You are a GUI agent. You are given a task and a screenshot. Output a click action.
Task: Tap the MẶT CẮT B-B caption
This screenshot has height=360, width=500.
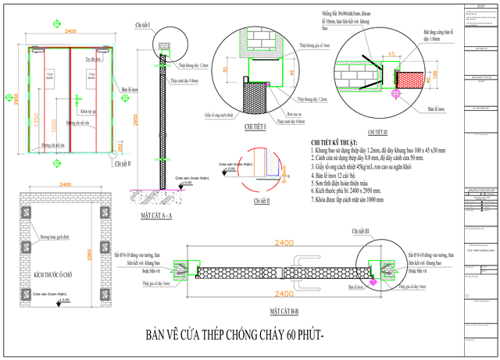pos(286,309)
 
